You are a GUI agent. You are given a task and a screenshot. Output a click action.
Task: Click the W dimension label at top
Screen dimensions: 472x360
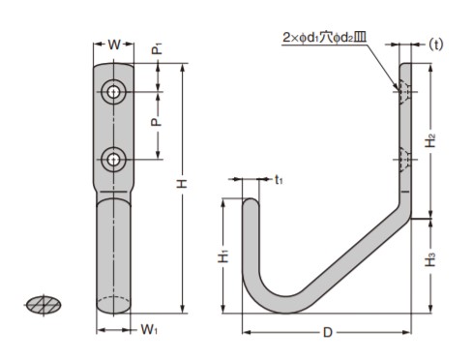(114, 45)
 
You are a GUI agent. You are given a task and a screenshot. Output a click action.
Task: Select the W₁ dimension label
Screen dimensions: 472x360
(149, 330)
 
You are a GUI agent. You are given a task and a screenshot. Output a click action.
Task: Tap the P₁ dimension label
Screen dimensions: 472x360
(157, 48)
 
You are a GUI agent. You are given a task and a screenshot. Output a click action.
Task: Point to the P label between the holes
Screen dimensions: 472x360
(156, 122)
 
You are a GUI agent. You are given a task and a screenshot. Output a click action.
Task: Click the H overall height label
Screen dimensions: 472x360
(183, 184)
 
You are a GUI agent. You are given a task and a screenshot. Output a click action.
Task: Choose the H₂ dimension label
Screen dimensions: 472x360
(430, 140)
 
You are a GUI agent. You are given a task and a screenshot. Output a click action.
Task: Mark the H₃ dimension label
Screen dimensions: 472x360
(430, 259)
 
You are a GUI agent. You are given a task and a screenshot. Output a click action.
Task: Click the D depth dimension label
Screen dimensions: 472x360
(328, 332)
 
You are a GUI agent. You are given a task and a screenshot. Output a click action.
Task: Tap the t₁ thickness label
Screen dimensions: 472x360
(279, 180)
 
